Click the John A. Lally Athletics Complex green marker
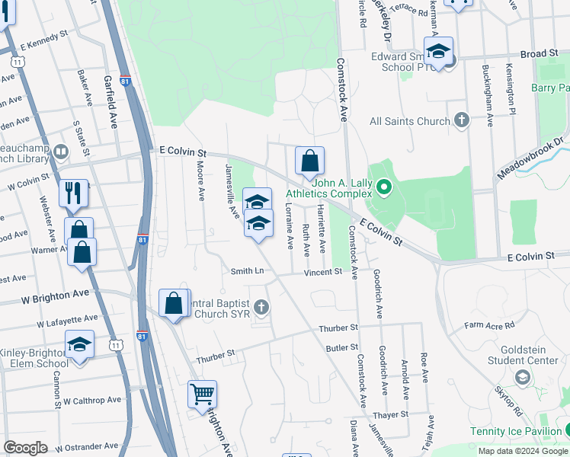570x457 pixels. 384,186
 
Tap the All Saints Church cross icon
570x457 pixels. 461,120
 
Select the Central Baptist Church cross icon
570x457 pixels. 261,307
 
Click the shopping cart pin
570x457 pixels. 202,395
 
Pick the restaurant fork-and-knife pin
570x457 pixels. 73,192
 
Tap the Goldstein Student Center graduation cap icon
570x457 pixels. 523,377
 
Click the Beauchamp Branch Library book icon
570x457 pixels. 60,152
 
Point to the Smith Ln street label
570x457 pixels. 248,271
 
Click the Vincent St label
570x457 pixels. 324,272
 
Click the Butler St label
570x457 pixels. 341,347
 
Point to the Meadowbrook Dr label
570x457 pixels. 532,158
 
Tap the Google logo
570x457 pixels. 25,448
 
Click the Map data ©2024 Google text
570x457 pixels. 522,451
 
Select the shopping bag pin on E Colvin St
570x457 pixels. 309,161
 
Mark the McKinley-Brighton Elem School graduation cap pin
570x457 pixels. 79,345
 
